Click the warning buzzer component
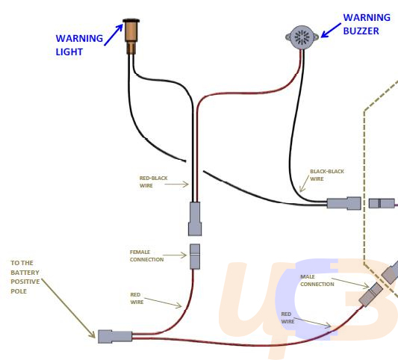(302, 37)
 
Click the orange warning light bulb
(131, 36)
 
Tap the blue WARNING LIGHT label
(79, 45)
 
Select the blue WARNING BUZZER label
(367, 24)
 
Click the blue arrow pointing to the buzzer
(331, 31)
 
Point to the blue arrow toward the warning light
(114, 35)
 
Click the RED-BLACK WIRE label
(153, 181)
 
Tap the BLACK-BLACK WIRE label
(327, 175)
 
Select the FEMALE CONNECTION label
(146, 255)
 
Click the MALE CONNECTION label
(317, 280)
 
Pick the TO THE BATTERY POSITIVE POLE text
(25, 277)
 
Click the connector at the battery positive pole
(115, 337)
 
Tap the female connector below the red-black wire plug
(195, 256)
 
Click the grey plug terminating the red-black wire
(195, 219)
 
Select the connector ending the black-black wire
(343, 203)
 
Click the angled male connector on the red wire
(371, 294)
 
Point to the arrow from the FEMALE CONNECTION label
(175, 255)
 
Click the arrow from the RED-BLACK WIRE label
(176, 184)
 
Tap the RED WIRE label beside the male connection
(287, 317)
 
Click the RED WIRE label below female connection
(137, 298)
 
